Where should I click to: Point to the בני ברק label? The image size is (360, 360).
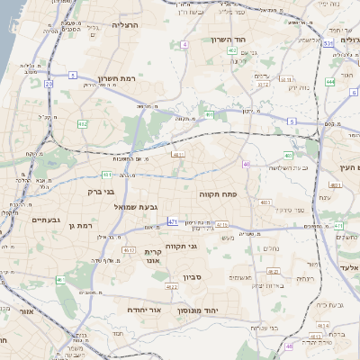click(x=101, y=191)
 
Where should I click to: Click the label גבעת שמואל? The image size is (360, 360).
click(x=134, y=207)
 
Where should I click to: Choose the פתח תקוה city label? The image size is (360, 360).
click(x=219, y=193)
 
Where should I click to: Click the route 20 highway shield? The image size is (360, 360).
click(x=48, y=84)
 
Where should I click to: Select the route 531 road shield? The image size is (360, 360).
click(x=329, y=42)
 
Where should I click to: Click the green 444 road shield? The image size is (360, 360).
click(x=329, y=81)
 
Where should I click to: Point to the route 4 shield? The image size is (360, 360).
click(x=184, y=43)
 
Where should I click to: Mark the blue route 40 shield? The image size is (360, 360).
click(x=246, y=164)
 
